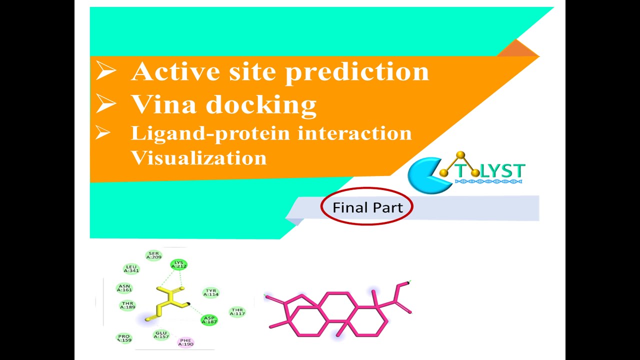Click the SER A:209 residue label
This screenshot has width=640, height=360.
pyautogui.click(x=153, y=255)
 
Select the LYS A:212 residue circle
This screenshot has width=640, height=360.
pyautogui.click(x=178, y=264)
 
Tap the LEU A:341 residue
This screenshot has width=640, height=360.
pyautogui.click(x=131, y=268)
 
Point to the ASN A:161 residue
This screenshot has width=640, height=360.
pyautogui.click(x=124, y=288)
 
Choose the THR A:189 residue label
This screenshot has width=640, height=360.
pyautogui.click(x=127, y=305)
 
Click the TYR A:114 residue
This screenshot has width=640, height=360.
pyautogui.click(x=211, y=292)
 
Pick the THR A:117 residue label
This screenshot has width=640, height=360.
pyautogui.click(x=237, y=312)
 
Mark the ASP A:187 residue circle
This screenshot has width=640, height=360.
pyautogui.click(x=209, y=320)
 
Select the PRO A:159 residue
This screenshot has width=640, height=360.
pyautogui.click(x=124, y=338)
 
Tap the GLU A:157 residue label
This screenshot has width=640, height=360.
pyautogui.click(x=161, y=334)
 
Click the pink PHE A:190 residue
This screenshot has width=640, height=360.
pyautogui.click(x=185, y=342)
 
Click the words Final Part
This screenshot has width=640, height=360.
pyautogui.click(x=367, y=207)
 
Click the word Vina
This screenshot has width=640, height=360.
pyautogui.click(x=164, y=104)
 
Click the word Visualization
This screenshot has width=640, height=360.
pyautogui.click(x=198, y=157)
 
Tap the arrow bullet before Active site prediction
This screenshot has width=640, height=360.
pyautogui.click(x=105, y=71)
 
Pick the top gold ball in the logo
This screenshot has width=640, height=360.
pyautogui.click(x=460, y=155)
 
